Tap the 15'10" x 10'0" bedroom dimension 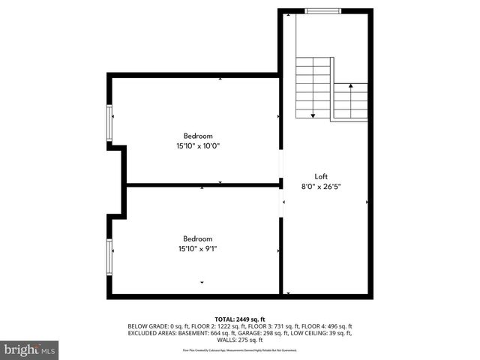tap(193, 146)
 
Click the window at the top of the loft tap(323, 10)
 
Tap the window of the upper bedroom tap(109, 124)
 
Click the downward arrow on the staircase tap(313, 114)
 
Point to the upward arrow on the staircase tap(350, 87)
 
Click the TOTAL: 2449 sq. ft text tap(240, 319)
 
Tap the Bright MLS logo tap(30, 349)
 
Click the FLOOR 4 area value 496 tap(332, 326)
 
